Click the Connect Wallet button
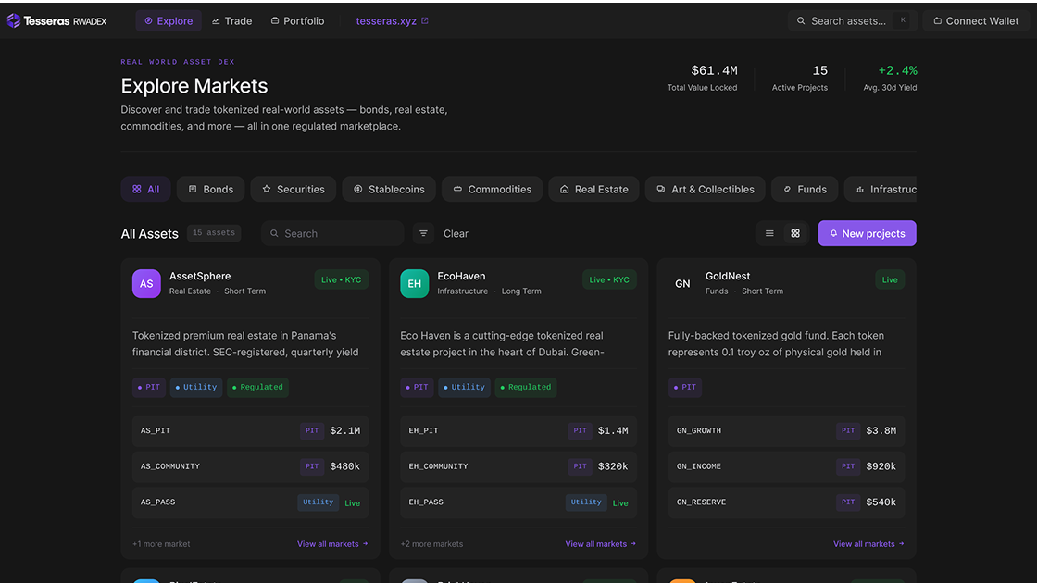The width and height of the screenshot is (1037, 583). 975,20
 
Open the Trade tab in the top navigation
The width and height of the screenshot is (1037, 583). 231,20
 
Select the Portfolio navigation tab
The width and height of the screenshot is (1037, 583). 297,20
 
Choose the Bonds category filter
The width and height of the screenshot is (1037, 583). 211,189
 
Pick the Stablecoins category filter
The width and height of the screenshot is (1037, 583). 389,189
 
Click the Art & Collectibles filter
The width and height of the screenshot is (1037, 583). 706,189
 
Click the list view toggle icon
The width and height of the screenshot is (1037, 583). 769,233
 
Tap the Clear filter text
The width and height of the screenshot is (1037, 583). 456,233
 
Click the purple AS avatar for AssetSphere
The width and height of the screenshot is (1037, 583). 146,283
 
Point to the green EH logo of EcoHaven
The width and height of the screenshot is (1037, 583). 414,283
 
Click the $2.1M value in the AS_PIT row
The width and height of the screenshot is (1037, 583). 344,430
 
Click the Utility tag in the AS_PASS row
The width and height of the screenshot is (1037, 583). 318,502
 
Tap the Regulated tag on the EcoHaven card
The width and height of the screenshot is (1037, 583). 526,387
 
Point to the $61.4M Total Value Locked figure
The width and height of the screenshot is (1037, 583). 714,70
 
